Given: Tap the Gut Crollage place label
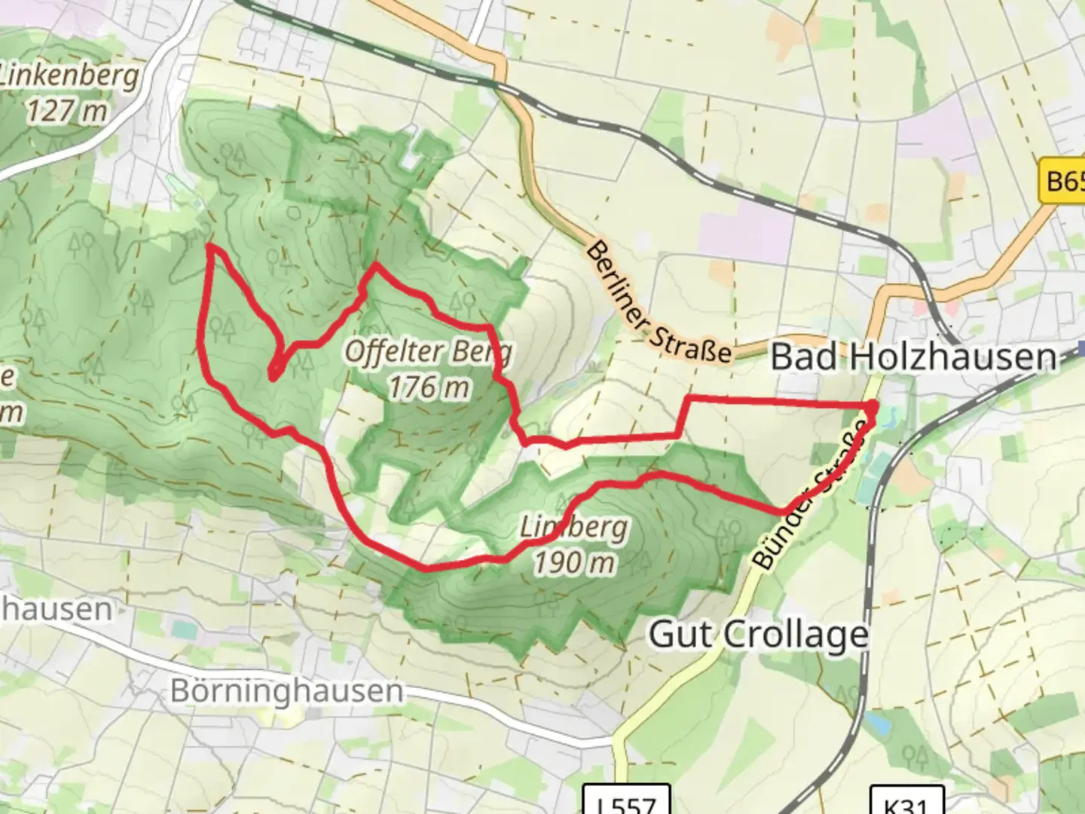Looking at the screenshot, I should tap(758, 635).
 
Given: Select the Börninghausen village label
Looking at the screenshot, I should tap(286, 690).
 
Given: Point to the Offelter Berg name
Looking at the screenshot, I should tap(428, 351).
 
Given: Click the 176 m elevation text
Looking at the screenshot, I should tap(428, 387).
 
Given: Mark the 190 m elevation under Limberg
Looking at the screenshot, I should tap(574, 562).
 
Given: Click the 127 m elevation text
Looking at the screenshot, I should tap(68, 112).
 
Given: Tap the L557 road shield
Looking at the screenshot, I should tap(627, 802).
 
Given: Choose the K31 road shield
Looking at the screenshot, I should tap(907, 802).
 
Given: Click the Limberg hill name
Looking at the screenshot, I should tap(574, 527).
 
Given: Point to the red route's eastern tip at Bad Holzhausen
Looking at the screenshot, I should tap(874, 407).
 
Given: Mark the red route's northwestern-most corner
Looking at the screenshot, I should tap(209, 246).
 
